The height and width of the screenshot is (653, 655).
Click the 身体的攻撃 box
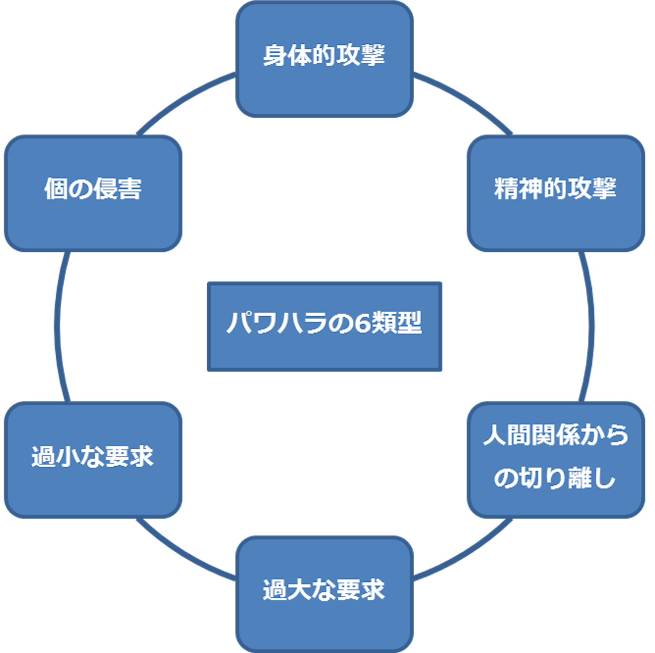click(324, 59)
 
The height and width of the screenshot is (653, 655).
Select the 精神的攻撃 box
click(556, 193)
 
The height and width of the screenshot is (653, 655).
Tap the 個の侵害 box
click(93, 193)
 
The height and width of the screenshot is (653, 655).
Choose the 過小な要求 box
click(93, 460)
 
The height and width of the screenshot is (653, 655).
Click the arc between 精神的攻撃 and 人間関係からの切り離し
click(589, 326)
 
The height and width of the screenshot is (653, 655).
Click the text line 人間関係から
click(556, 435)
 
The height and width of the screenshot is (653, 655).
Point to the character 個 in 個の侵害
click(56, 189)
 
